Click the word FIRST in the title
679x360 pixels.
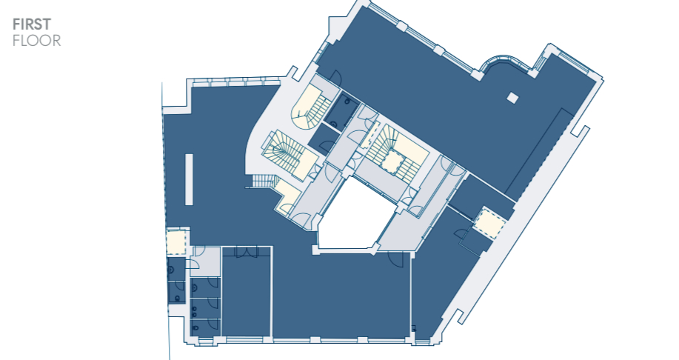pos(32,24)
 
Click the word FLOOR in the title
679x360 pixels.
pos(37,41)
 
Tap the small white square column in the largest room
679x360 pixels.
pos(512,98)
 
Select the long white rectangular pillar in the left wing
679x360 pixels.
pos(190,179)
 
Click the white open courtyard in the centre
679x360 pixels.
pos(353,216)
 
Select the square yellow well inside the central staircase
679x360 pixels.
pos(392,161)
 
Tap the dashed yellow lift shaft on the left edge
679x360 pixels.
pos(176,243)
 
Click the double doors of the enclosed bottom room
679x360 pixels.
pos(247,252)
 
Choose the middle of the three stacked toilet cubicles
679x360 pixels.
pos(205,307)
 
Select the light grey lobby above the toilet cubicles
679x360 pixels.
pos(205,261)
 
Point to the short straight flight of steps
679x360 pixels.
pos(262,181)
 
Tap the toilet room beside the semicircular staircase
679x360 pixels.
pos(342,110)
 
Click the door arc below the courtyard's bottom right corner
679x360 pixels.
pos(396,259)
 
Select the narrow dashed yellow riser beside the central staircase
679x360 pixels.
pos(370,135)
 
